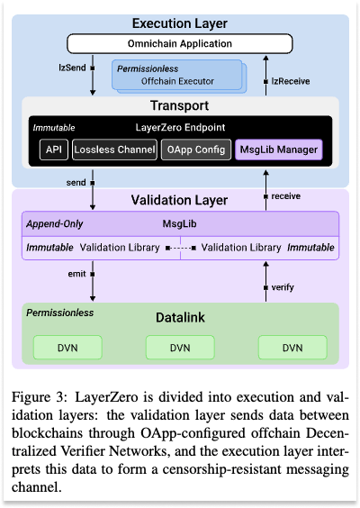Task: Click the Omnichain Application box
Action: (x=180, y=42)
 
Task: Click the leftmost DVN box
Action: (x=67, y=348)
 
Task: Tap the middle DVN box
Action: (x=180, y=348)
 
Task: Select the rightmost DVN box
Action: (x=292, y=348)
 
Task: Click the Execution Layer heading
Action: (x=180, y=22)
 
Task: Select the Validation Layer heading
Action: (x=180, y=200)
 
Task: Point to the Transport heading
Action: (x=180, y=105)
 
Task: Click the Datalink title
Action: (x=180, y=318)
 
